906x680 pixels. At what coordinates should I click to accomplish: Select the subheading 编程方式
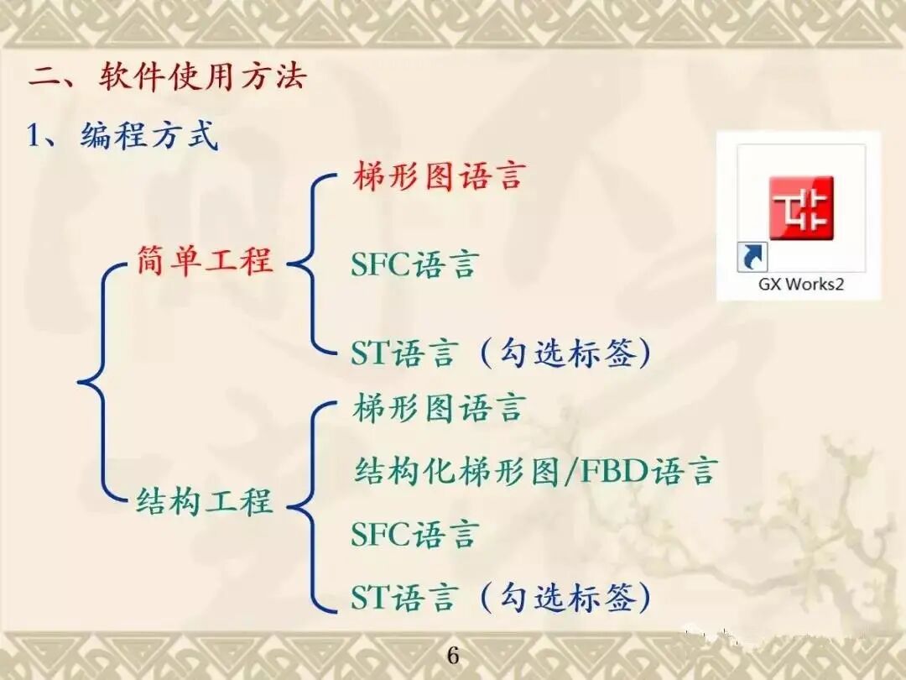click(149, 135)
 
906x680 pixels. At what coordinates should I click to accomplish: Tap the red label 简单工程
click(205, 261)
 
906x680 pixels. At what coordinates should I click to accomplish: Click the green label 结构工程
click(205, 502)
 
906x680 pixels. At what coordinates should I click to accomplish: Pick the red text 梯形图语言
click(438, 177)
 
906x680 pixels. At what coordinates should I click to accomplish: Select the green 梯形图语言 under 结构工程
click(438, 409)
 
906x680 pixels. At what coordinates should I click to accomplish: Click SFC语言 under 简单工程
click(414, 265)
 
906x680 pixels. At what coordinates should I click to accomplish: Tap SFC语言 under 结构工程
click(414, 535)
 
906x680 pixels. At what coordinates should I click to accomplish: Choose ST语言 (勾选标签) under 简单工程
click(501, 353)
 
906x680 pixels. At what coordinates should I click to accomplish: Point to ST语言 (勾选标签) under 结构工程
click(501, 599)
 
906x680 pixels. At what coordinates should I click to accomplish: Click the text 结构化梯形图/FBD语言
click(534, 471)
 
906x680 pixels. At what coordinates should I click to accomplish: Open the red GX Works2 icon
click(801, 206)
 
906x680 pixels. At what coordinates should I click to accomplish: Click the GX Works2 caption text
click(801, 284)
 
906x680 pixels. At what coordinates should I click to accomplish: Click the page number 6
click(453, 656)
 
